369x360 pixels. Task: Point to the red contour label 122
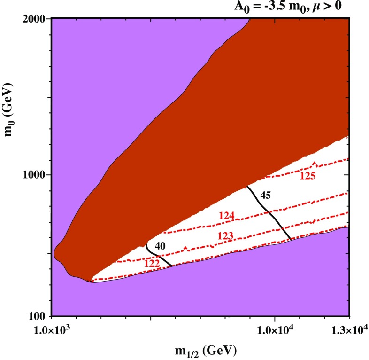pos(152,264)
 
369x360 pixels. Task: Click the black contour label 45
pos(266,193)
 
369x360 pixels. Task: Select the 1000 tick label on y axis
pos(36,174)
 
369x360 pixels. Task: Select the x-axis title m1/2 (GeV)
pos(203,350)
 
